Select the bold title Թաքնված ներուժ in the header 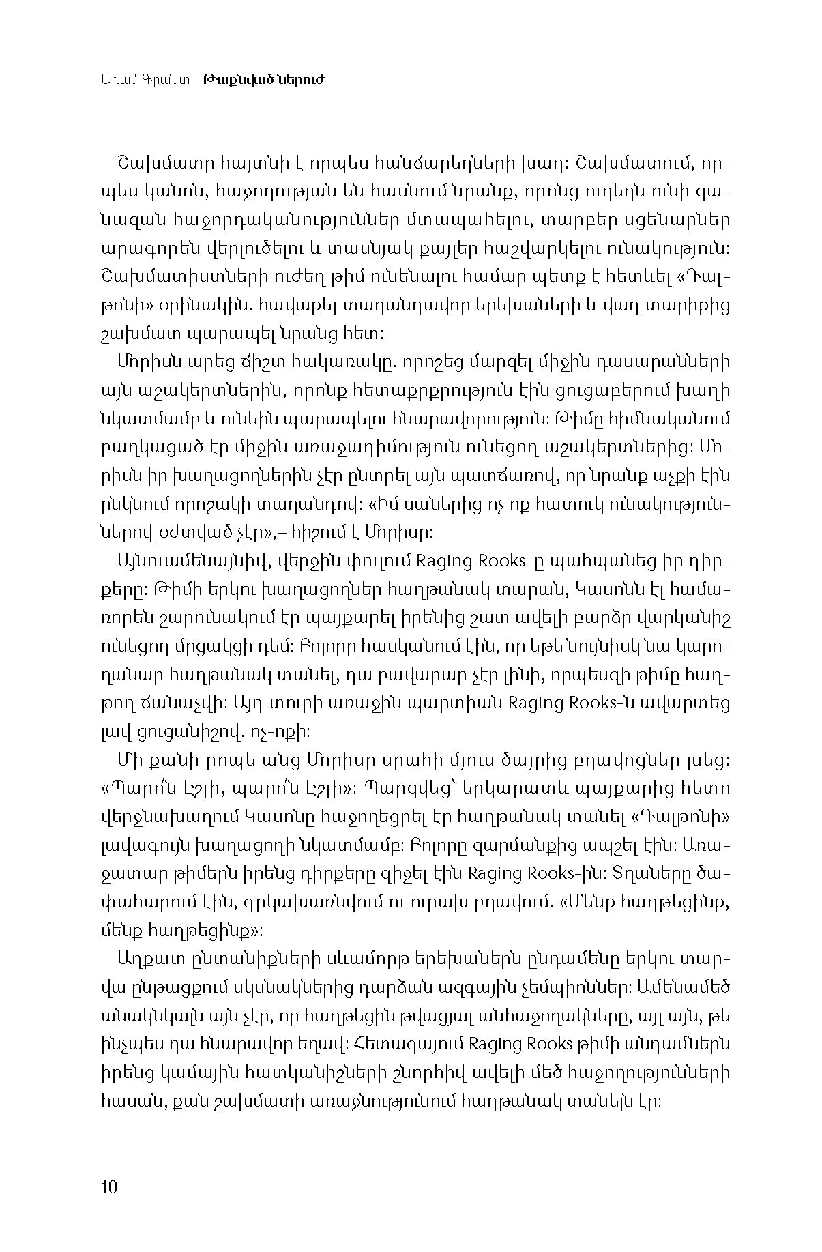tap(263, 80)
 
